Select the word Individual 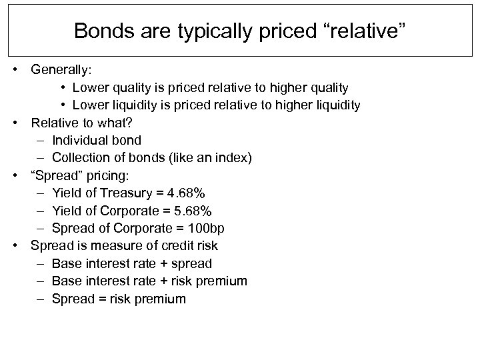point(77,141)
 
